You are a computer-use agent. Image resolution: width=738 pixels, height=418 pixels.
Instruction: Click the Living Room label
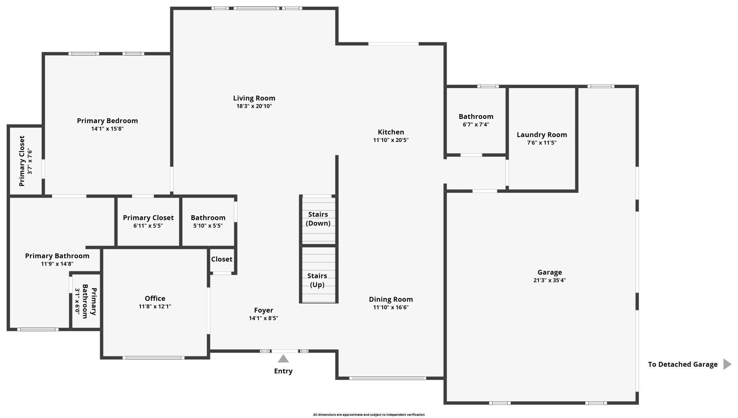254,98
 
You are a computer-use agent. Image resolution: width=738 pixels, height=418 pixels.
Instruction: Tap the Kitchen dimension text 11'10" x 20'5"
391,140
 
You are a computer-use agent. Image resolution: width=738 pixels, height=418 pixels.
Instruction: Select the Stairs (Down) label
318,219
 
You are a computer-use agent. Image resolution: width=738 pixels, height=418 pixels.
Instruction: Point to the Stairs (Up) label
317,280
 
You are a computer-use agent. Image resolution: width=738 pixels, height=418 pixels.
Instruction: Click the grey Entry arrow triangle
283,359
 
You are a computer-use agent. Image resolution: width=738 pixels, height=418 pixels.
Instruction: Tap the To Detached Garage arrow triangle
727,364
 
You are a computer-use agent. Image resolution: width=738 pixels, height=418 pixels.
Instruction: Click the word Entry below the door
283,371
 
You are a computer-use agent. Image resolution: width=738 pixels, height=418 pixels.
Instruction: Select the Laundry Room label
541,135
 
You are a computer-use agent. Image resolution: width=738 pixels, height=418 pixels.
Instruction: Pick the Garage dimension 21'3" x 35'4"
549,280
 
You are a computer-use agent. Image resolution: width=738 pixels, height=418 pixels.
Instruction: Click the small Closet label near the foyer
222,259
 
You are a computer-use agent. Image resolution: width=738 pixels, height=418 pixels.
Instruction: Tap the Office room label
155,298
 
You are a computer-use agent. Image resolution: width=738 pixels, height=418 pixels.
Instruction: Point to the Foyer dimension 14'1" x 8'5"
263,318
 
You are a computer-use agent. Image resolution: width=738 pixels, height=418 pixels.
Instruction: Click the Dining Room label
391,299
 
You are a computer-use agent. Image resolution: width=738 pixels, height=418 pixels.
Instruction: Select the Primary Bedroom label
107,121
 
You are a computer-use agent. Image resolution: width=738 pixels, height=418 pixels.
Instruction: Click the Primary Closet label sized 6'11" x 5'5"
148,218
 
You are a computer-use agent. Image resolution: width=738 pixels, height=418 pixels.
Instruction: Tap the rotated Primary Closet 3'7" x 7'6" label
22,161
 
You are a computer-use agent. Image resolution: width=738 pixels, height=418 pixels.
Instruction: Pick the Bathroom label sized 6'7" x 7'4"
476,116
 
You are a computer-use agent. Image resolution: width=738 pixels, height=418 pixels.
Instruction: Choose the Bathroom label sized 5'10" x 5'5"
208,218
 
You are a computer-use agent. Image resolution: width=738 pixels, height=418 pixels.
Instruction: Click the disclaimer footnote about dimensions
369,414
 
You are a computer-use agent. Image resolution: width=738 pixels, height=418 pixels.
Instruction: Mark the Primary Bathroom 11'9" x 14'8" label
57,256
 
